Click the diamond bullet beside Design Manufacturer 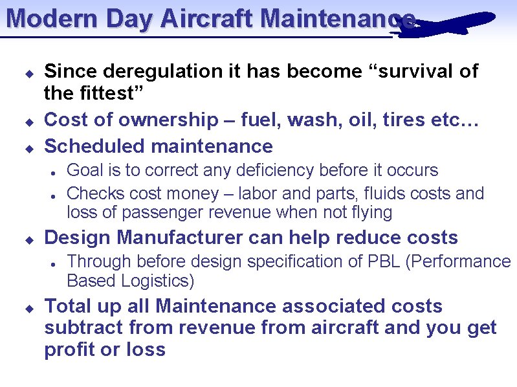(x=28, y=239)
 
